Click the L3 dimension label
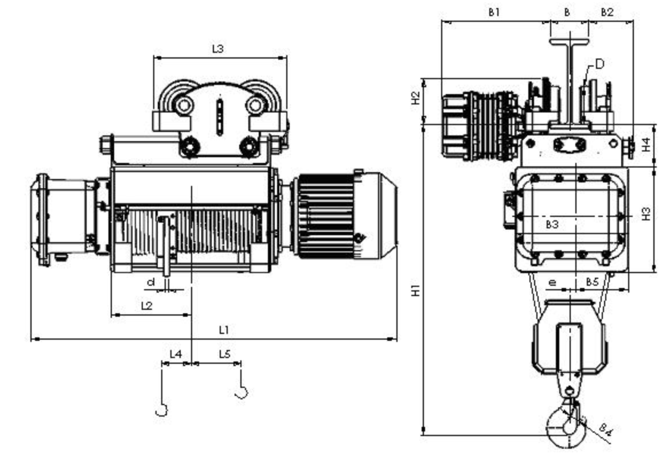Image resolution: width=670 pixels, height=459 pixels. coord(217,49)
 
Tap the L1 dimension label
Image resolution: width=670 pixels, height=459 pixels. coord(224,330)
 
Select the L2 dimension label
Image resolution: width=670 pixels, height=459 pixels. coord(147,306)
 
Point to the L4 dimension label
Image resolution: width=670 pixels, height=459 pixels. coord(176,354)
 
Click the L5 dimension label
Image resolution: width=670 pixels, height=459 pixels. coord(225,354)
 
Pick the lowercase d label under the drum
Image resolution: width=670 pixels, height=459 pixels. coord(150,282)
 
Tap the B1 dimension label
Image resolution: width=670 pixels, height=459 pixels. coord(494,12)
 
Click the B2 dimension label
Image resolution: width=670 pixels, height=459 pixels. coord(607,12)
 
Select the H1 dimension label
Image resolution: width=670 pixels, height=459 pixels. coord(415,290)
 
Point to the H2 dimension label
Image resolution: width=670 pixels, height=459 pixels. coord(415,98)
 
